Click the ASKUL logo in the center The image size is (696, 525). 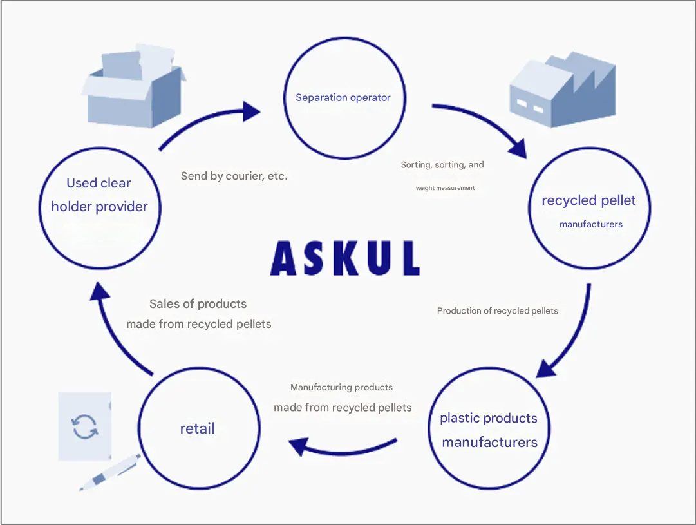click(x=345, y=258)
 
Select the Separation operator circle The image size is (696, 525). click(x=344, y=98)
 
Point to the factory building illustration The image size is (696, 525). click(x=562, y=90)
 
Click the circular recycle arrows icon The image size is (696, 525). click(x=85, y=426)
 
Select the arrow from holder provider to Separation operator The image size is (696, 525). click(x=206, y=122)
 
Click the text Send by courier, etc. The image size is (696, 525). click(x=234, y=176)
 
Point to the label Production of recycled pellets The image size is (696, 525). click(x=497, y=310)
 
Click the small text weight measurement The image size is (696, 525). click(x=445, y=188)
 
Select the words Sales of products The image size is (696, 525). click(x=198, y=303)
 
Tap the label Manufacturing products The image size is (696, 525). click(x=341, y=387)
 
